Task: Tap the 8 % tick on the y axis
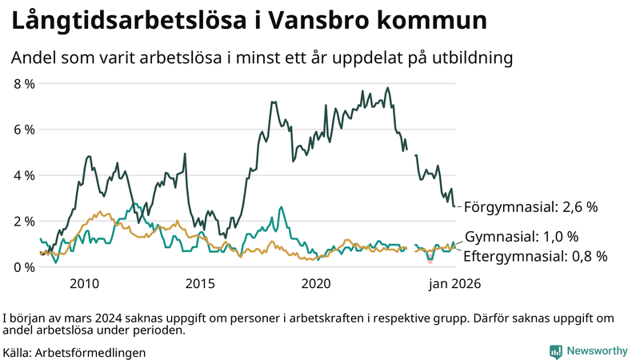(24, 83)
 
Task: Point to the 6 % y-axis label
(24, 130)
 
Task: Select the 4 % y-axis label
(24, 175)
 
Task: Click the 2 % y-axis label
(24, 221)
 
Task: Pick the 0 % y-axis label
(24, 266)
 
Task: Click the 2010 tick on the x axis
(84, 283)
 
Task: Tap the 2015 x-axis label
(200, 283)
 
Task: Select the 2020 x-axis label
(316, 283)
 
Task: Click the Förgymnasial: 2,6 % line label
(530, 207)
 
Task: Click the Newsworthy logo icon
(555, 351)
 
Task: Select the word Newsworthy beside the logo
(597, 351)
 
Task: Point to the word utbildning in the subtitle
(470, 58)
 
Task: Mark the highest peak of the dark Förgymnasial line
(388, 88)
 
